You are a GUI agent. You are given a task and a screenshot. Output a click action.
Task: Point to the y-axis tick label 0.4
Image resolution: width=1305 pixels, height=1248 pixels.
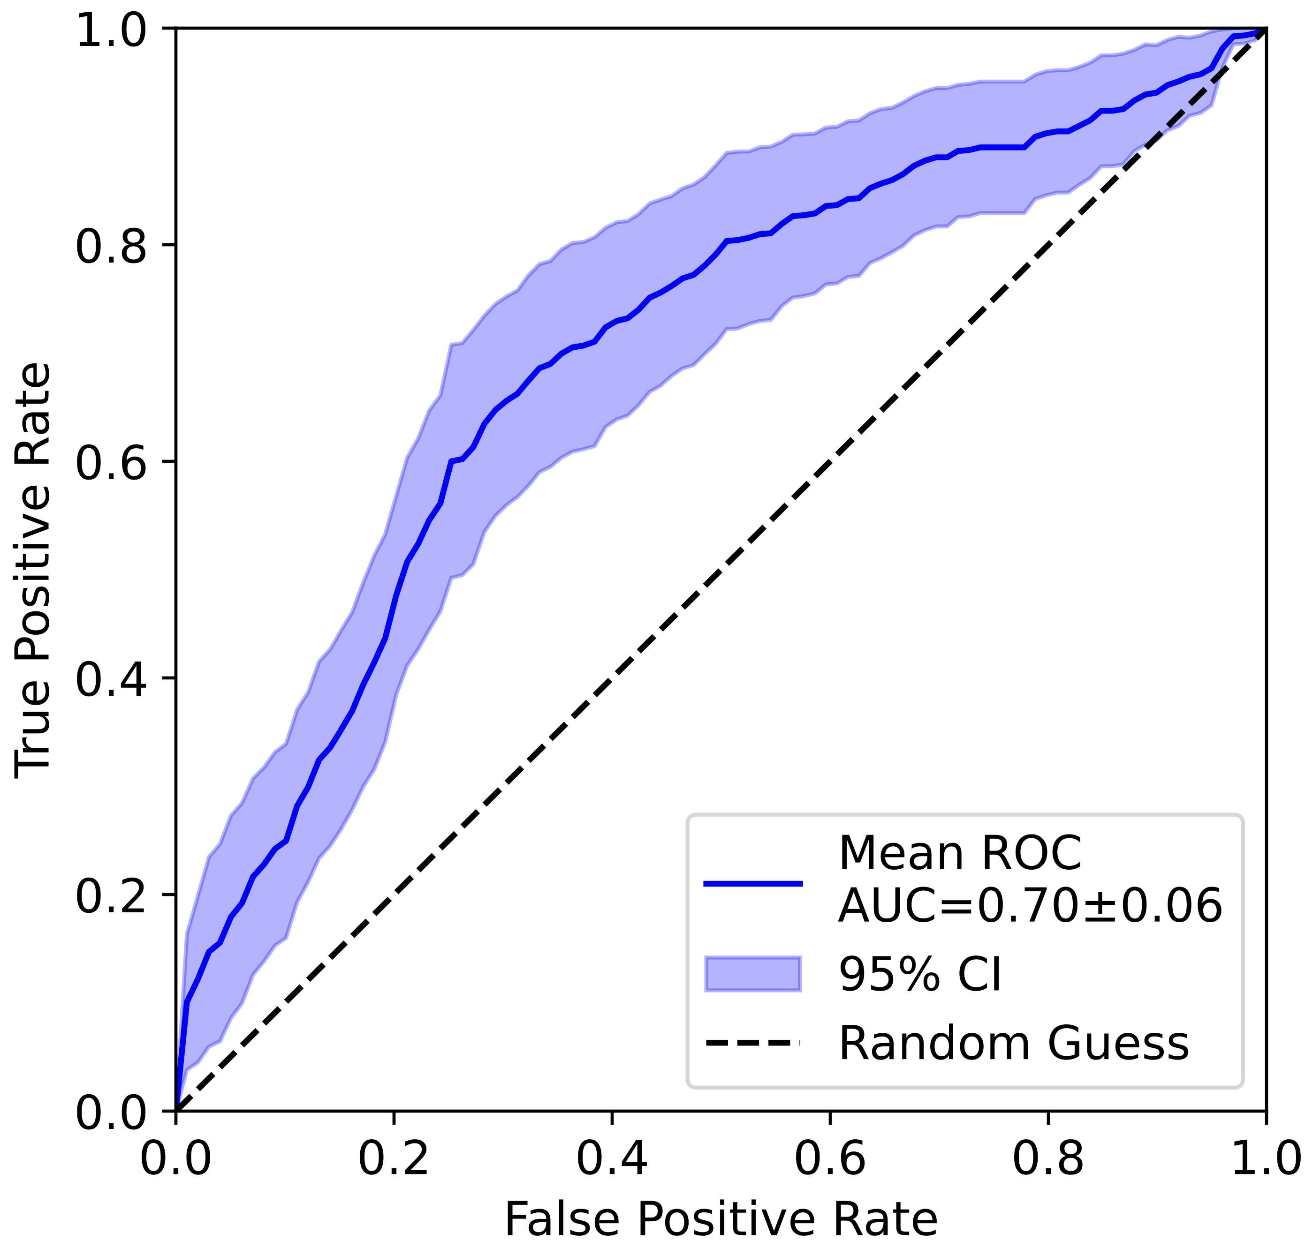tap(110, 680)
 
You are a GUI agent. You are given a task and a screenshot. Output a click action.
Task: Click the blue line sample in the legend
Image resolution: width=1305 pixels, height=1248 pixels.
tap(753, 883)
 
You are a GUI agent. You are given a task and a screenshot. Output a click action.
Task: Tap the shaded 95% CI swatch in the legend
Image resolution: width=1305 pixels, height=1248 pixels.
tap(753, 974)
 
